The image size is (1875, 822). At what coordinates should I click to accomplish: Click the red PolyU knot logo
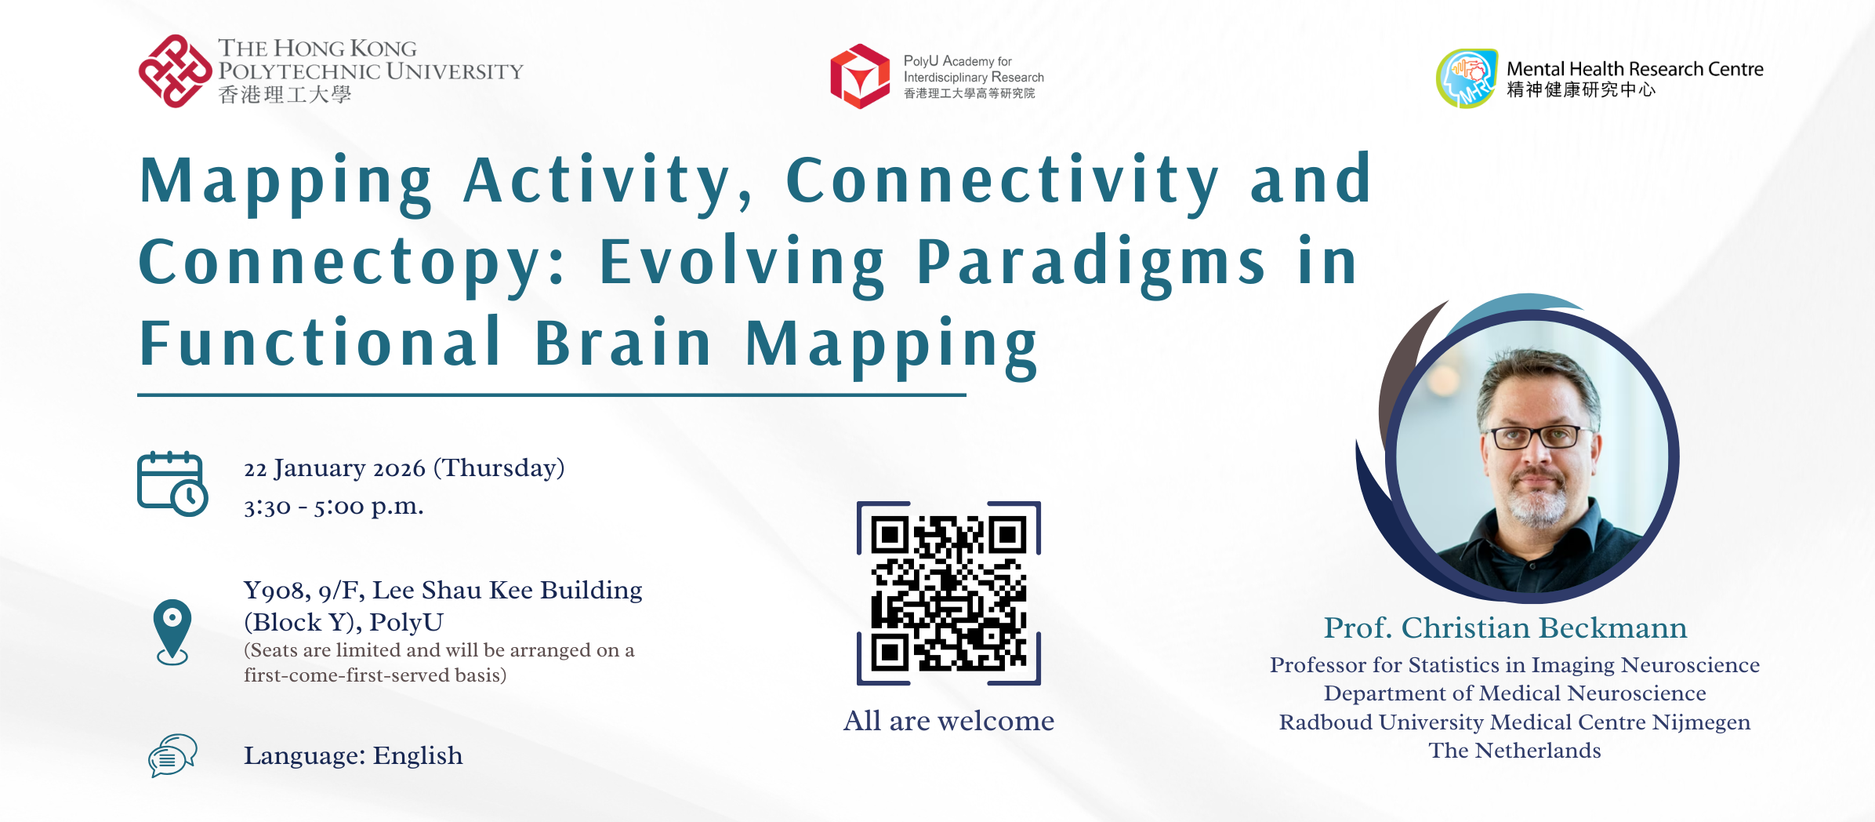(175, 71)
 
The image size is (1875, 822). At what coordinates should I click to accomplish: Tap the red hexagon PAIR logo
(860, 76)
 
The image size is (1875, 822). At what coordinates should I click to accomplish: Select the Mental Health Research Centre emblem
(1467, 78)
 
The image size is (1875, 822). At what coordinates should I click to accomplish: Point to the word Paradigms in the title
(1090, 264)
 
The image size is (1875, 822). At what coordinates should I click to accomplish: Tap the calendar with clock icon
(172, 483)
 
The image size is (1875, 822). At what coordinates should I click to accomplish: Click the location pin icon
(172, 632)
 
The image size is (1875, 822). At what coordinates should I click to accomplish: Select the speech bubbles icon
(172, 755)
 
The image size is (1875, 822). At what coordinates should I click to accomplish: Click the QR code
(948, 593)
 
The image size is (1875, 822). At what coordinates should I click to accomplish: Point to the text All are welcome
(948, 721)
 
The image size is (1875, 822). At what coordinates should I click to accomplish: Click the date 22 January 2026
(335, 468)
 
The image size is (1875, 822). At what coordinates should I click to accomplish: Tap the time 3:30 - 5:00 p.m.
(334, 507)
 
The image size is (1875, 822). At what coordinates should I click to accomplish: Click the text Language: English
(353, 755)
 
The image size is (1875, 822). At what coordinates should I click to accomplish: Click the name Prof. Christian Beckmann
(1505, 627)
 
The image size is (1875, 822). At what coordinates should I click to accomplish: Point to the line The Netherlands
(1514, 751)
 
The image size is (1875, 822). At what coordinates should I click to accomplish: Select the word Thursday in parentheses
(499, 468)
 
